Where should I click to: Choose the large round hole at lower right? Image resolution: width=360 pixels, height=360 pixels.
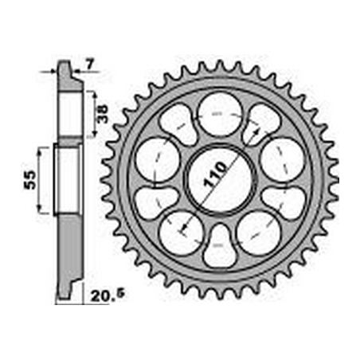[x=258, y=233]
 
